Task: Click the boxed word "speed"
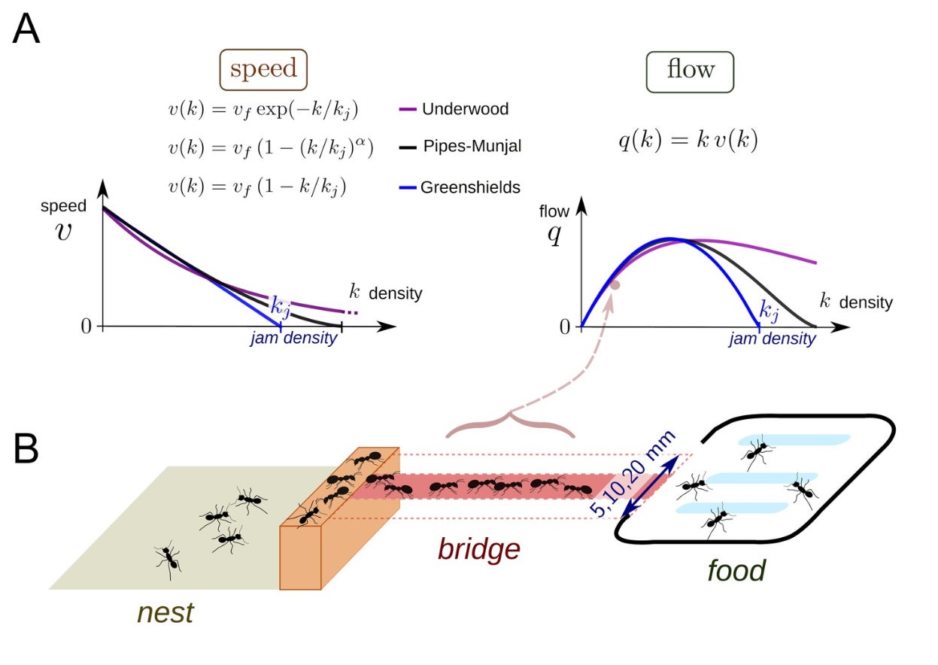[263, 70]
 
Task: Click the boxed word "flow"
[690, 70]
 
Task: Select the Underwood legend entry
[464, 109]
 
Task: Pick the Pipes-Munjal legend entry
[472, 147]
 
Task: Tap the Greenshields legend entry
[470, 187]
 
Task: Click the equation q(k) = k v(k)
[688, 141]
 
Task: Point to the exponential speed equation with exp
[263, 109]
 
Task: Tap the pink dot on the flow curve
[615, 285]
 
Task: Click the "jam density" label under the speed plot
[293, 339]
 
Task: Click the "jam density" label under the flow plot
[772, 339]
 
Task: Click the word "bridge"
[479, 549]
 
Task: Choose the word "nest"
[165, 612]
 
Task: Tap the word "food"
[736, 570]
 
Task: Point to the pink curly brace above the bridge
[510, 424]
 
